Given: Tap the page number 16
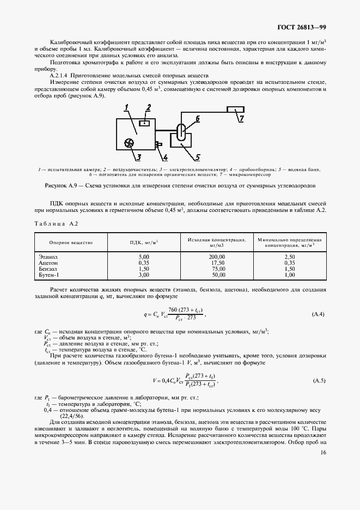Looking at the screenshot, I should [323, 452].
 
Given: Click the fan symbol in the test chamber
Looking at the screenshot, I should [129, 143].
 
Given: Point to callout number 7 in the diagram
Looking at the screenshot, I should [242, 117].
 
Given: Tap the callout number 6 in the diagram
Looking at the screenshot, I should [198, 118].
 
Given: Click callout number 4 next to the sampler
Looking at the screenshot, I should [166, 158].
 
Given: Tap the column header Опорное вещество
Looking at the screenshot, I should [71, 242].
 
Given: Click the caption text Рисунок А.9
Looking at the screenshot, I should [62, 185].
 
